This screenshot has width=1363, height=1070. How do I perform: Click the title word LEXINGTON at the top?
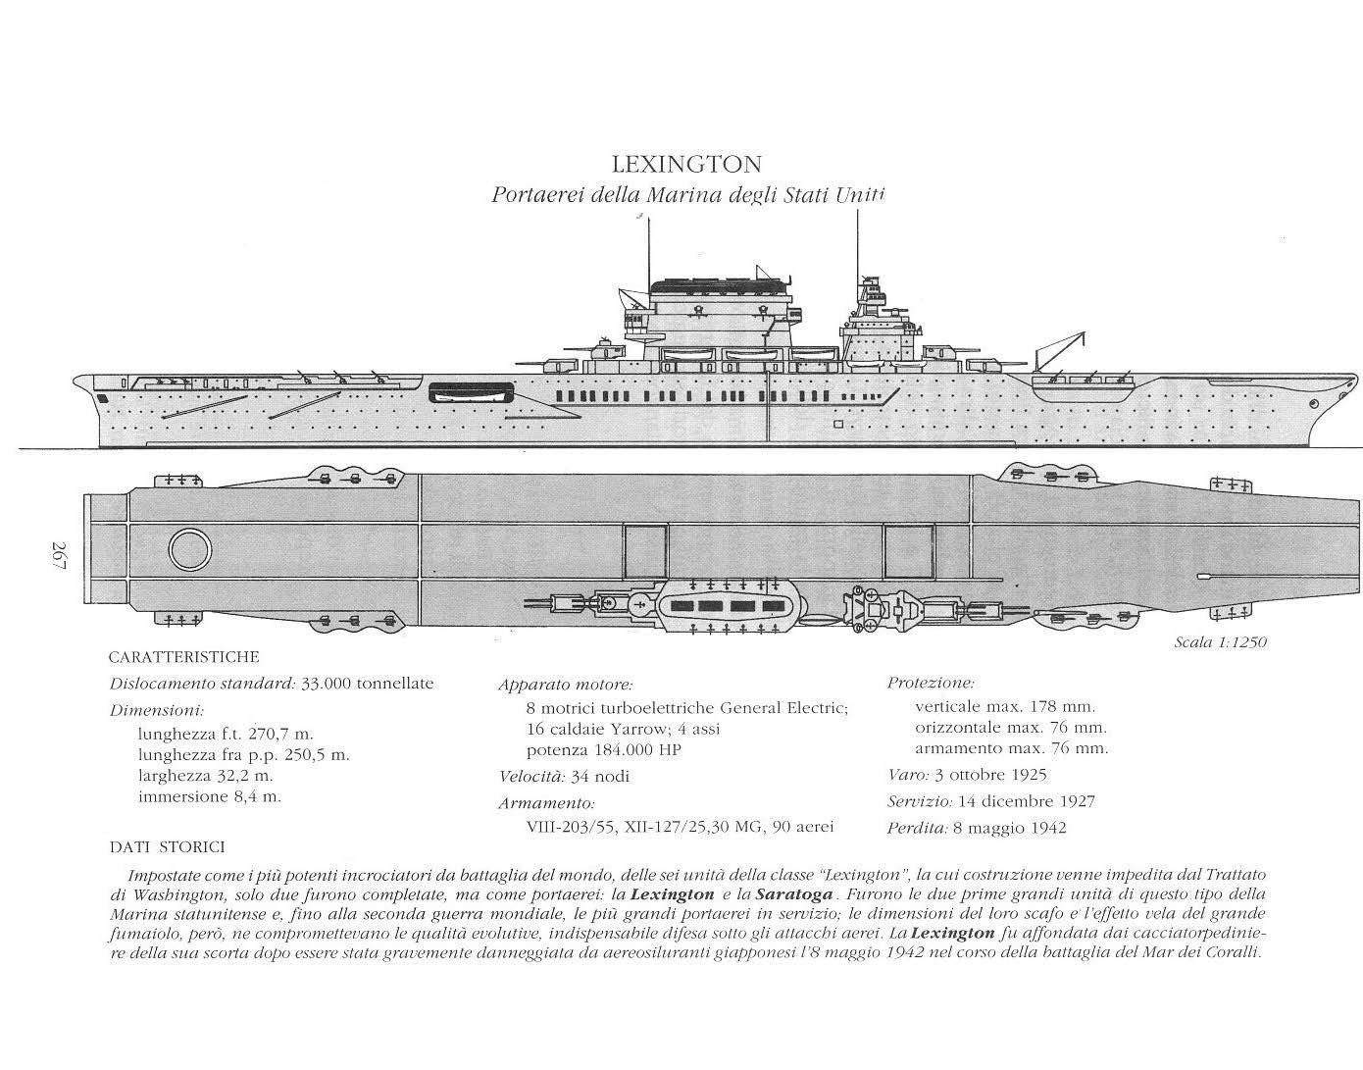click(686, 163)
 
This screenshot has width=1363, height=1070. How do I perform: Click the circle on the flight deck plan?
click(188, 549)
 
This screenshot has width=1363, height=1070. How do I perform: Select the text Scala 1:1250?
click(1220, 642)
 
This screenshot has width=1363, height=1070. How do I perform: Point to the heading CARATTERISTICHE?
click(183, 657)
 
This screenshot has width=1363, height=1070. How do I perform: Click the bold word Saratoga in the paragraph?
click(795, 894)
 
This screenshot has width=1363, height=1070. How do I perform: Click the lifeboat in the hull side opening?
click(471, 392)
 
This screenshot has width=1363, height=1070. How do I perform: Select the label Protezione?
click(931, 682)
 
